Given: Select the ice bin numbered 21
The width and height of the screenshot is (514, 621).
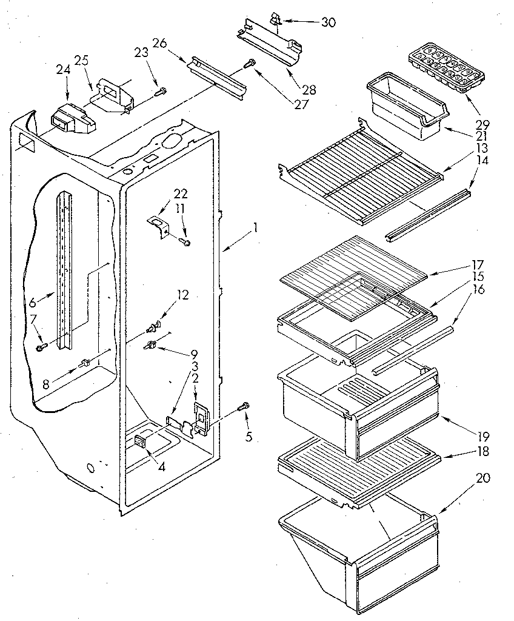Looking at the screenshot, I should pyautogui.click(x=404, y=109).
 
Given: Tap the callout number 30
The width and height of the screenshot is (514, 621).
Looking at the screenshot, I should pyautogui.click(x=328, y=22).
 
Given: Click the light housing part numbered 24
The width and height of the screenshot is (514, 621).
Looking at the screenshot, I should pyautogui.click(x=70, y=119).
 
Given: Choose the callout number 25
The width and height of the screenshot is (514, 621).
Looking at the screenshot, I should pyautogui.click(x=82, y=60).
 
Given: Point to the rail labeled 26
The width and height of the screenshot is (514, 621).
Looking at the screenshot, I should pyautogui.click(x=217, y=76).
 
